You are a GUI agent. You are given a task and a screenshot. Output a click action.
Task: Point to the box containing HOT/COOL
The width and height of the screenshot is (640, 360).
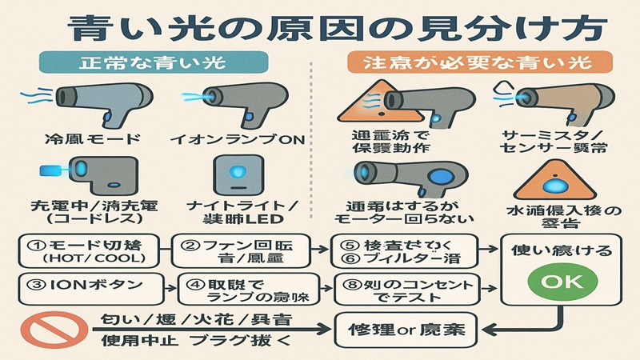coord(84,250)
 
